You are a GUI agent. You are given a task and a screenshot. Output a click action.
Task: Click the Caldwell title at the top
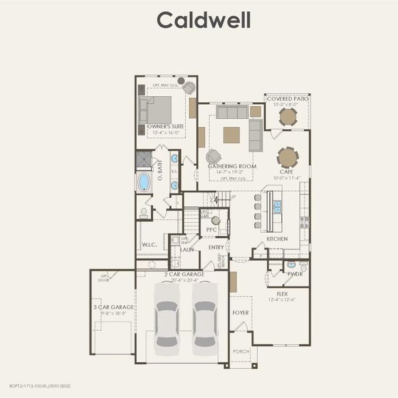[204, 20]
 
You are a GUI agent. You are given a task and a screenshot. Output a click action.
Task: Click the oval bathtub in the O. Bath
[144, 182]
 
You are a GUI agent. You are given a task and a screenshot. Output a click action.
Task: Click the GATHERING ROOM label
[232, 166]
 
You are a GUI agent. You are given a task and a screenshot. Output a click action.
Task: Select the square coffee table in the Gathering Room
[232, 135]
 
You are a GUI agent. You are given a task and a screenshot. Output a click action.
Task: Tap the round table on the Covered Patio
[287, 117]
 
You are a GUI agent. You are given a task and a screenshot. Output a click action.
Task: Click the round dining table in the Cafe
[287, 157]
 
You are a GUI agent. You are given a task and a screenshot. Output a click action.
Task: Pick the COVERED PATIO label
[287, 99]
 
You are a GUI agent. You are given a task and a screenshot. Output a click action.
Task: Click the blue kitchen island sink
[277, 207]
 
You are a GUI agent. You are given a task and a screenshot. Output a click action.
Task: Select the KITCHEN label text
[277, 238]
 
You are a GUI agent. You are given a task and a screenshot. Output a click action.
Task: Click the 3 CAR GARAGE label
[113, 307]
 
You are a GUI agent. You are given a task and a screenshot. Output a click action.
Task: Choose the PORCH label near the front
[240, 352]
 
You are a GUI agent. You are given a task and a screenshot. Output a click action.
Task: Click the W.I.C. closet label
[149, 245]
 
